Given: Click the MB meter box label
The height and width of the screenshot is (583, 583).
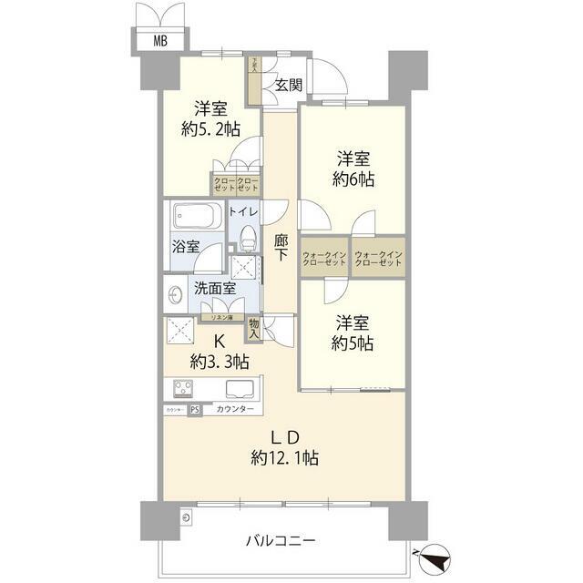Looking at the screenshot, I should (x=160, y=40).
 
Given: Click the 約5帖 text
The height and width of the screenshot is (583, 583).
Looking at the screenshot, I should (x=353, y=343).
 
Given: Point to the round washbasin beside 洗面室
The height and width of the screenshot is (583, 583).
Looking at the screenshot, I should (x=176, y=295).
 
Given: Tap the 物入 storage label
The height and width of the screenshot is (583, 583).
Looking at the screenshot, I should (x=253, y=328).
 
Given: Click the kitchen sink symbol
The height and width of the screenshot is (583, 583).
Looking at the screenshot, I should (x=240, y=389).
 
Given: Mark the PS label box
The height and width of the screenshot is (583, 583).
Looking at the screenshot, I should (x=195, y=410).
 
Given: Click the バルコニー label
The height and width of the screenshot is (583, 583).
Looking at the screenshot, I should (x=280, y=540).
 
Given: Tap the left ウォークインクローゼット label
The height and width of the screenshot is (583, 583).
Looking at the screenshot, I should (x=324, y=258).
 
